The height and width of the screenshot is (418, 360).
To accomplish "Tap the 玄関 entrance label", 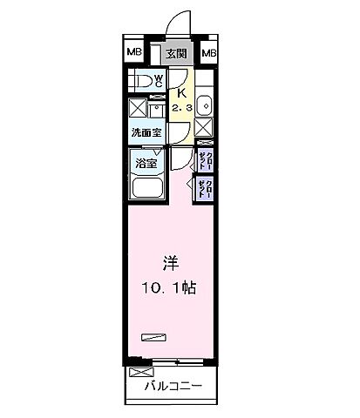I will click(176, 54).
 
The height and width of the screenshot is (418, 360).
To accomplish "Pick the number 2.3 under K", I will click(181, 107).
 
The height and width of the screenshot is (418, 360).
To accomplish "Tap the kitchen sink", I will click(204, 104).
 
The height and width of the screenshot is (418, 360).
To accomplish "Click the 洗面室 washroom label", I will click(145, 133).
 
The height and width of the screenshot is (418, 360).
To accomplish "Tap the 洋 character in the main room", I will click(171, 261).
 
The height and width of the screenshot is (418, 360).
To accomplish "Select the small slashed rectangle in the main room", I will click(153, 334).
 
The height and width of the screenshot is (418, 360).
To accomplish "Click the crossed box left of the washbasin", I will click(137, 110).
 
